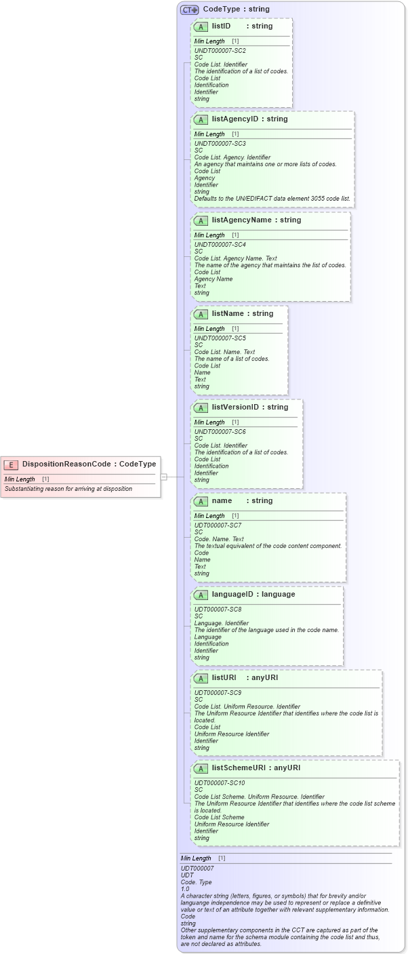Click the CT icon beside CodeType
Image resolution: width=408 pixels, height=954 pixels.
189,9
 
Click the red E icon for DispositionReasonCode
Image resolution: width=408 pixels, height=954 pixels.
11,464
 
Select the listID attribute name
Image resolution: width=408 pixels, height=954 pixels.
221,26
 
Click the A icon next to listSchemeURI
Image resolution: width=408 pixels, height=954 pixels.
201,768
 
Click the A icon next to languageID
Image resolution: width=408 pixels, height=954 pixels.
201,595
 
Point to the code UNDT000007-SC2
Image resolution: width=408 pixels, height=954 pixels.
220,51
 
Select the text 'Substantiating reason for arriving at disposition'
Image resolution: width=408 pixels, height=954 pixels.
68,489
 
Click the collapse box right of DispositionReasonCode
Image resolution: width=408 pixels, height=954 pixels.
163,477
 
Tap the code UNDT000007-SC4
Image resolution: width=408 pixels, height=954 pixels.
220,245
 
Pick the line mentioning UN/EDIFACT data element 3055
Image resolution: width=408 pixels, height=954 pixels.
272,199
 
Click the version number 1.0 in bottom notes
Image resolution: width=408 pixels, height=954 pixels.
185,888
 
